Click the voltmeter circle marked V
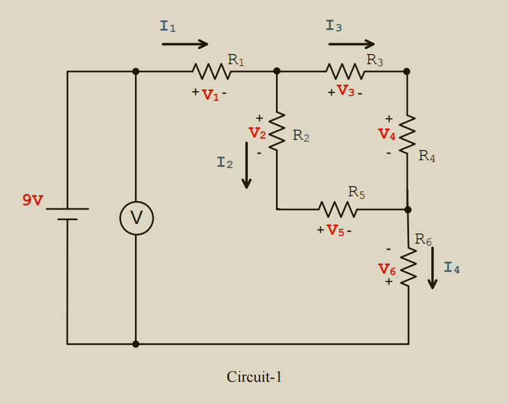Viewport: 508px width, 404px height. click(x=136, y=218)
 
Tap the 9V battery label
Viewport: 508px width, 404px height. click(x=33, y=200)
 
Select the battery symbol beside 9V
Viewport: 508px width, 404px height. click(x=67, y=214)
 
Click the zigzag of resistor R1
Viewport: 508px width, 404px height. click(x=212, y=71)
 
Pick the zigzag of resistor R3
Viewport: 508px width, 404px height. click(x=345, y=71)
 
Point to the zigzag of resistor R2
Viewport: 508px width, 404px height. click(x=276, y=131)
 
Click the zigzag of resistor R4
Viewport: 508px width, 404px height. click(x=407, y=134)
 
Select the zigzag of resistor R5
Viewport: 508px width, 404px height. click(x=338, y=210)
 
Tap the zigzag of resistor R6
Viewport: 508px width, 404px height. click(x=408, y=267)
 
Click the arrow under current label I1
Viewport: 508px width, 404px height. click(x=185, y=44)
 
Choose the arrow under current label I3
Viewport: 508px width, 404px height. click(x=351, y=44)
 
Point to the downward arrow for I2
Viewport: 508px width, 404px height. click(x=247, y=165)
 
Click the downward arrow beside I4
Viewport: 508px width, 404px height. click(x=432, y=268)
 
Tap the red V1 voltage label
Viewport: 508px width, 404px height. click(x=211, y=95)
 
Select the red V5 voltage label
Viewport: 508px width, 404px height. click(x=335, y=231)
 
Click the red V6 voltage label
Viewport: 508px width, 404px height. click(x=387, y=270)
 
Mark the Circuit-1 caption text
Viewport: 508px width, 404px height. click(x=254, y=377)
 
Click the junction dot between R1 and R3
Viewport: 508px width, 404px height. click(x=276, y=71)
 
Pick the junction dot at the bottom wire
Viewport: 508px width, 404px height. click(x=136, y=344)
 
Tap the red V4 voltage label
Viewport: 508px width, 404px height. click(x=387, y=135)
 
